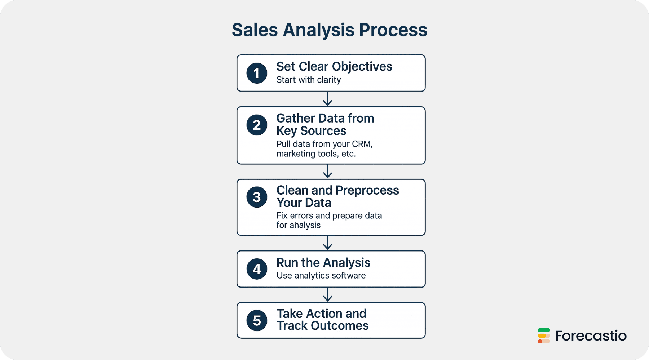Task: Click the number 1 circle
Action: click(x=257, y=73)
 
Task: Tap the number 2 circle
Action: click(x=257, y=125)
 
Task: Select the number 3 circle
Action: click(x=257, y=197)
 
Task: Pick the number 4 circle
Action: click(x=257, y=269)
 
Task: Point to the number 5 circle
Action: click(x=257, y=320)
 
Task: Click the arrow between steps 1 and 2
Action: click(x=327, y=99)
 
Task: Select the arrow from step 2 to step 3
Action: click(x=327, y=172)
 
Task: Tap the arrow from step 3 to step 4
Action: click(x=327, y=243)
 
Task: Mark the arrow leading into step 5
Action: click(x=327, y=294)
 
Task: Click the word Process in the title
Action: click(x=393, y=30)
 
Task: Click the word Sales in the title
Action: click(x=255, y=30)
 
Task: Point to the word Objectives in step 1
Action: click(x=362, y=67)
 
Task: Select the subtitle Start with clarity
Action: click(x=309, y=80)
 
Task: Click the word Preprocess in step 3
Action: click(x=367, y=191)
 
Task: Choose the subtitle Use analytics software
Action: click(x=321, y=276)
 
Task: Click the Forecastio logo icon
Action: click(x=544, y=335)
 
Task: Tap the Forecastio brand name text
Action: click(x=591, y=336)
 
